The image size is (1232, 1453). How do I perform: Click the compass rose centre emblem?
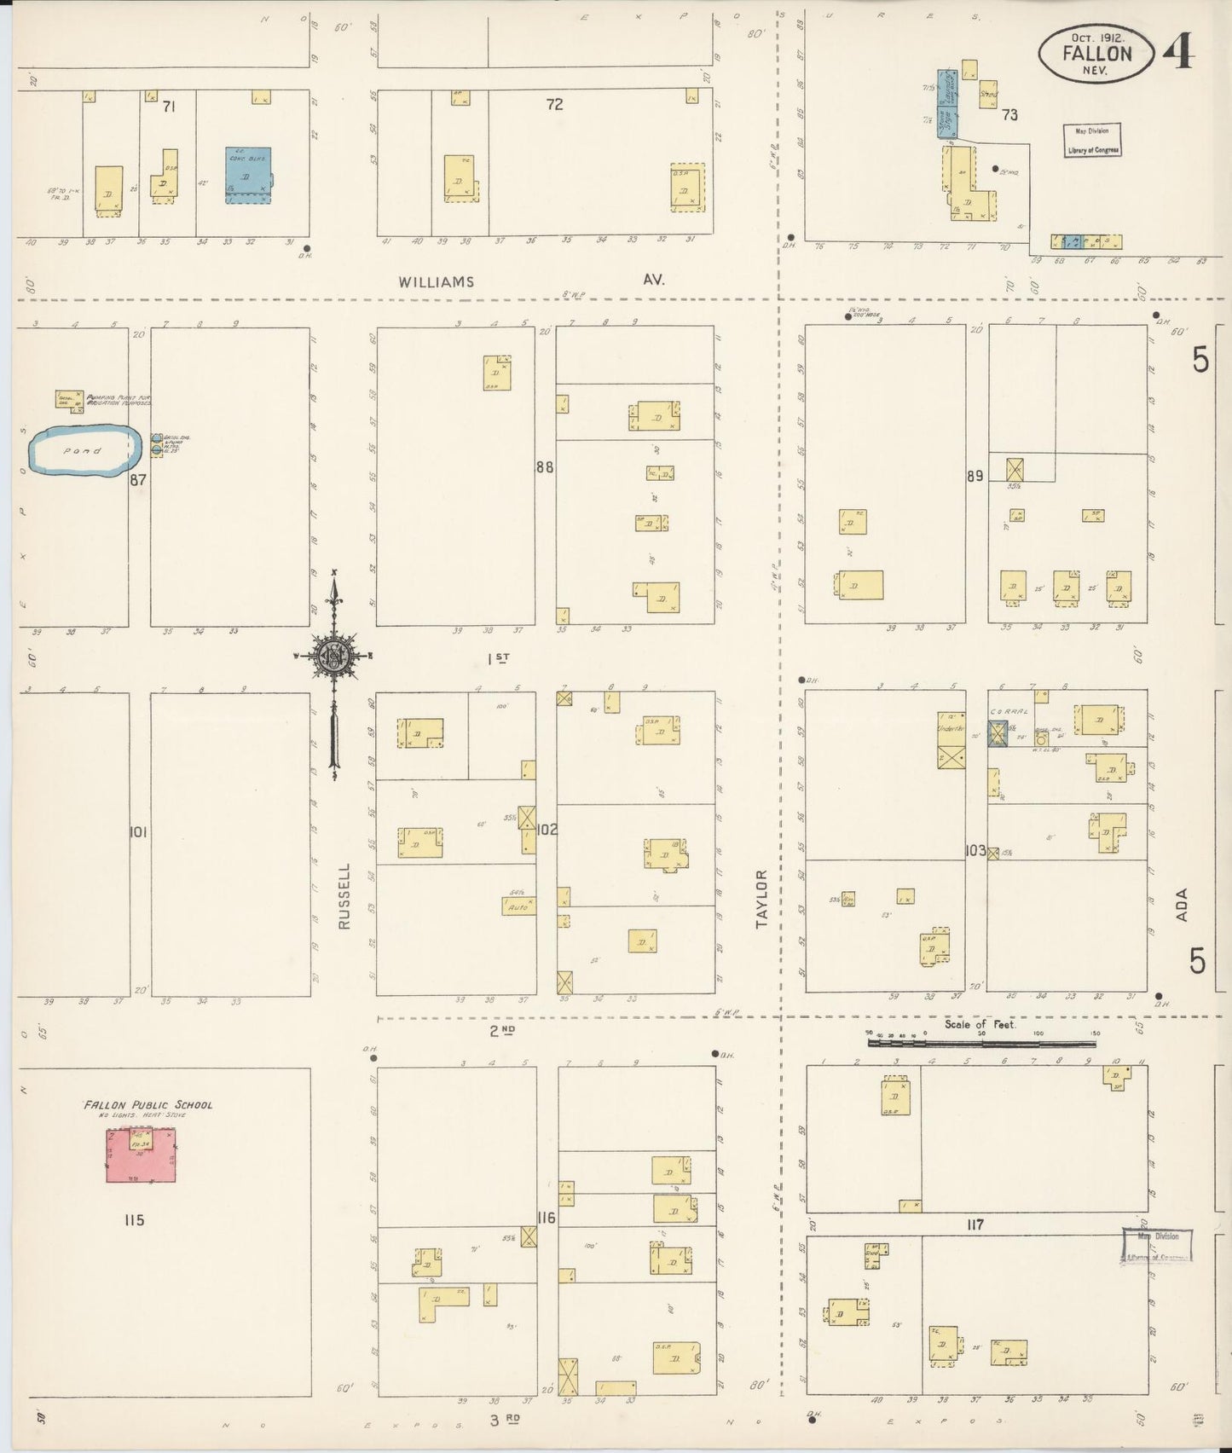[333, 656]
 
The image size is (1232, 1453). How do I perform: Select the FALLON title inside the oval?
[1096, 53]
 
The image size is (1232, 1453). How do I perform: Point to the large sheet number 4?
[1183, 53]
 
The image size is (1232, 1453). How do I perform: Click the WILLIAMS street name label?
[436, 281]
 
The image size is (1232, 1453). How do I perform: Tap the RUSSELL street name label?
[344, 896]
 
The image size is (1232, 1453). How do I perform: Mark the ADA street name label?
[1181, 905]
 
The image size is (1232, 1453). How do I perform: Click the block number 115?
[134, 1220]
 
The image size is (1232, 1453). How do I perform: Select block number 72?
[554, 105]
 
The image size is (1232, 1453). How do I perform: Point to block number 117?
[975, 1224]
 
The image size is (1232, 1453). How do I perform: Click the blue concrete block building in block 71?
[247, 175]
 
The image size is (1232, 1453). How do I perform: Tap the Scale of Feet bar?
[980, 1041]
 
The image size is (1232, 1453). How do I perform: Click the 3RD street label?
[505, 1420]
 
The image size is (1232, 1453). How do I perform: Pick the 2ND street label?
[501, 1030]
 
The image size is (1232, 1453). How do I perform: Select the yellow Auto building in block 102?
[518, 906]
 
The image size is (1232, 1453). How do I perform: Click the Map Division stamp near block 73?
[1091, 140]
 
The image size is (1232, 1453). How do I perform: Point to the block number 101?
[138, 831]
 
